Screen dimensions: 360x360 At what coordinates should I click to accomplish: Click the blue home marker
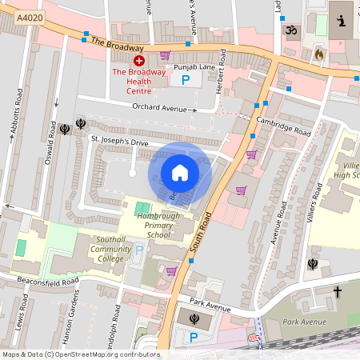pyautogui.click(x=180, y=173)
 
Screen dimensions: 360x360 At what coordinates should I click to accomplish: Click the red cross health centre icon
pyautogui.click(x=139, y=60)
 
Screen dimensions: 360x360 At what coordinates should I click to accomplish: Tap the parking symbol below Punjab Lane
pyautogui.click(x=186, y=80)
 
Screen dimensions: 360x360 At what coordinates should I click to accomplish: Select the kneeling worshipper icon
pyautogui.click(x=342, y=20)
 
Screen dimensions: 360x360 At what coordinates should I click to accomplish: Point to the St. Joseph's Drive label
pyautogui.click(x=119, y=140)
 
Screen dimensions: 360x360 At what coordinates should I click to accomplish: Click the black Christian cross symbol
pyautogui.click(x=337, y=292)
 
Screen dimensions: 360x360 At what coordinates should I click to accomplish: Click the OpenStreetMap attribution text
pyautogui.click(x=80, y=354)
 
